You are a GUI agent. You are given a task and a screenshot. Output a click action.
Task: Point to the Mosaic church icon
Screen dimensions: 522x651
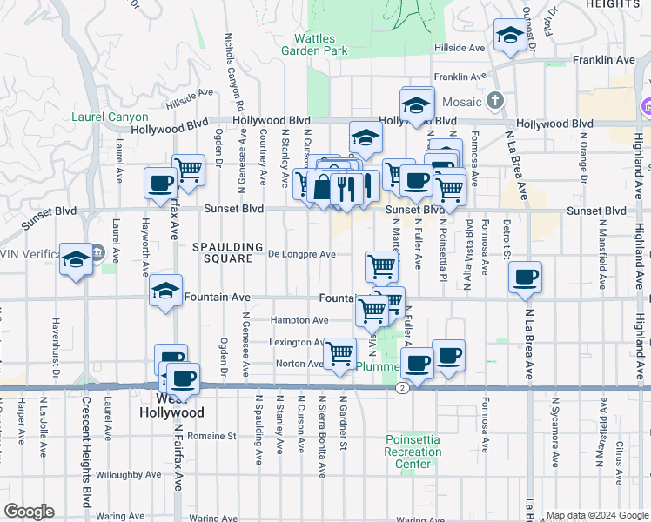tap(496, 101)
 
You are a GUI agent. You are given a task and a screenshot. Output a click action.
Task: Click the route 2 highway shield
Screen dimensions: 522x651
tap(402, 387)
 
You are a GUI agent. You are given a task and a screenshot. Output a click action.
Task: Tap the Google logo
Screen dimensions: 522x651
tap(29, 512)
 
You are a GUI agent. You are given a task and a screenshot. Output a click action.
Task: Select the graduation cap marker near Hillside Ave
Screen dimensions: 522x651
tap(508, 37)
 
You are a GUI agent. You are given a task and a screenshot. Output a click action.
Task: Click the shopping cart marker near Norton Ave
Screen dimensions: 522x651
tap(339, 352)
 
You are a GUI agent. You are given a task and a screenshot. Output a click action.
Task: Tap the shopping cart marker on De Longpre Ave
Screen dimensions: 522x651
tap(380, 265)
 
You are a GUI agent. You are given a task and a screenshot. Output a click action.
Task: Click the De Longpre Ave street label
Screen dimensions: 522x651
tap(301, 255)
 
